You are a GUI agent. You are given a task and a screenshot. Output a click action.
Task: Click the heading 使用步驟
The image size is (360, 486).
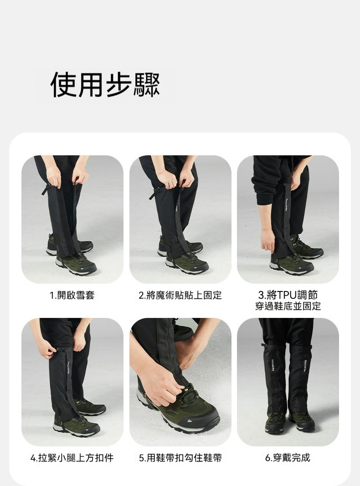(x=105, y=85)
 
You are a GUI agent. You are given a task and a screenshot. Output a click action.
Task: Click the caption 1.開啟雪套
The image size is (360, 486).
(x=72, y=295)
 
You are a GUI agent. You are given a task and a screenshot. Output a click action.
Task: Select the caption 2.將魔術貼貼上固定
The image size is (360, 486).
(x=180, y=295)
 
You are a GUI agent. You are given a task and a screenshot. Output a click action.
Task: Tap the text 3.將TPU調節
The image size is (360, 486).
(x=288, y=294)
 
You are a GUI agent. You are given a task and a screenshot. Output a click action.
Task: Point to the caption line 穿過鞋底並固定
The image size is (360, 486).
(x=288, y=306)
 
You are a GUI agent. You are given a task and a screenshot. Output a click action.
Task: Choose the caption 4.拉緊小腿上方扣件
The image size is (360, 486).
(x=72, y=457)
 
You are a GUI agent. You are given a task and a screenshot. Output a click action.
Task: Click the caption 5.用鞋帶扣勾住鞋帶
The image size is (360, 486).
(x=180, y=457)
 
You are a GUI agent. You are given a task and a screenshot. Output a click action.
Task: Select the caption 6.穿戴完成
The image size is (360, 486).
(x=288, y=457)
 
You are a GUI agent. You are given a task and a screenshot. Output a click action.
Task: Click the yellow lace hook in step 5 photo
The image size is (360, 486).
(x=186, y=388)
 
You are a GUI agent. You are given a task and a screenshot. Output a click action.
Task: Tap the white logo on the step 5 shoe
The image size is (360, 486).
(x=189, y=421)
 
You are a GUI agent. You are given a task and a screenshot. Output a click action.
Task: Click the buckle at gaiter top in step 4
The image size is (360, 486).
(x=59, y=349)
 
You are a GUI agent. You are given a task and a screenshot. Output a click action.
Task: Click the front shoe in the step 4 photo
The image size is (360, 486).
(x=77, y=426)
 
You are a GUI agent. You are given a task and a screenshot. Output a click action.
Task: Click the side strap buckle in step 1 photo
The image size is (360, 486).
(x=46, y=189)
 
